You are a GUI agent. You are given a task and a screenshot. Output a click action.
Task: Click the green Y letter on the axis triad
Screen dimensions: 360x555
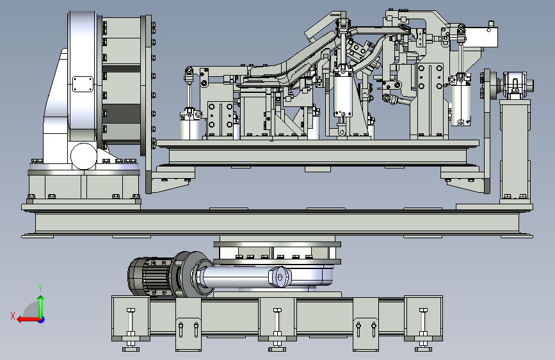[x=40, y=288]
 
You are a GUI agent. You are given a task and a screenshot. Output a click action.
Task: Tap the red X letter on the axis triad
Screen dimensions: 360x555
[x=12, y=315]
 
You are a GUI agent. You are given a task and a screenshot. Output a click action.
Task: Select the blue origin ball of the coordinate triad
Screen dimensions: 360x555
[x=41, y=318]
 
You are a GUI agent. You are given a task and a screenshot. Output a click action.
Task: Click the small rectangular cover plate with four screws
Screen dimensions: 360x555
[x=83, y=85]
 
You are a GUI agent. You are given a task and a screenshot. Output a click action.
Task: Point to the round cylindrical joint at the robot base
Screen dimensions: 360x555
[x=84, y=156]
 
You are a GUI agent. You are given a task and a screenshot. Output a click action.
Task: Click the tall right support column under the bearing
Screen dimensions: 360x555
[x=515, y=151]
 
